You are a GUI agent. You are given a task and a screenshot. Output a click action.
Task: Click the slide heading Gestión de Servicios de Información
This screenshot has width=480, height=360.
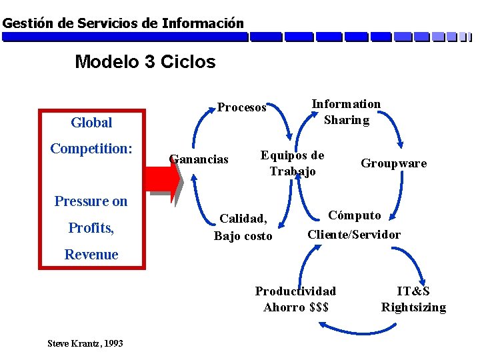[123, 23]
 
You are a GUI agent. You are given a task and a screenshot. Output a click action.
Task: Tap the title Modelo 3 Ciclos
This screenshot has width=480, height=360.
[145, 62]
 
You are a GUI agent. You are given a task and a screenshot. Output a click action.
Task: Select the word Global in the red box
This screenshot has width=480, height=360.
[91, 123]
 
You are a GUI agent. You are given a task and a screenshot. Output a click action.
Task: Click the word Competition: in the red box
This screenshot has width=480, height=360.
[91, 148]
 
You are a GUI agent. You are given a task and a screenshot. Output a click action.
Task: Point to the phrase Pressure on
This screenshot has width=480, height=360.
[91, 201]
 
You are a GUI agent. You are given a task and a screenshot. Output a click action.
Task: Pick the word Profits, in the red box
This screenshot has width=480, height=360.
[91, 228]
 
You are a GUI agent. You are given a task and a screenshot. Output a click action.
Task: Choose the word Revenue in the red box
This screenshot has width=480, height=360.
[91, 254]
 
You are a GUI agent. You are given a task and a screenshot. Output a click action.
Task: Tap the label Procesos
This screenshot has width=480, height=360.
[242, 107]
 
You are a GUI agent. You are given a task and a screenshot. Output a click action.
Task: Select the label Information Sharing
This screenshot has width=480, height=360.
[346, 112]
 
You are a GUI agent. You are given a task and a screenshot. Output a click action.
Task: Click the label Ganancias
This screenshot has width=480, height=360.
[199, 159]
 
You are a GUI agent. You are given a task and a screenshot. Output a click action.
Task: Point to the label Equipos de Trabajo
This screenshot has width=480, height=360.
[292, 163]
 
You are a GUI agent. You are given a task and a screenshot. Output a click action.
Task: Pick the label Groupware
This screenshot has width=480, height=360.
[393, 163]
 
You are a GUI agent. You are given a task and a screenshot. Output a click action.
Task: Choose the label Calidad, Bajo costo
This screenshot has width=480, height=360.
[243, 227]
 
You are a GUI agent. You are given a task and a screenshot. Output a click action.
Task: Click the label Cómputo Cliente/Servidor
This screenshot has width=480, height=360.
[354, 225]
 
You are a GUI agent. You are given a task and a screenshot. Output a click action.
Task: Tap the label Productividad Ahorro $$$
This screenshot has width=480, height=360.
[295, 299]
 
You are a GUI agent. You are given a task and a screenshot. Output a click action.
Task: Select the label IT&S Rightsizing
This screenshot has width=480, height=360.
[413, 299]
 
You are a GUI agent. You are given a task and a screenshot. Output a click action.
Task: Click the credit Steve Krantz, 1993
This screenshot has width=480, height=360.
[85, 343]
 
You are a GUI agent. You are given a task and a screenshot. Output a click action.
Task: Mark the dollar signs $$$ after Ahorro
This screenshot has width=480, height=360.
[315, 307]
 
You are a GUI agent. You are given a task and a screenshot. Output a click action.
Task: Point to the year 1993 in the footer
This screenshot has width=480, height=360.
[113, 343]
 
